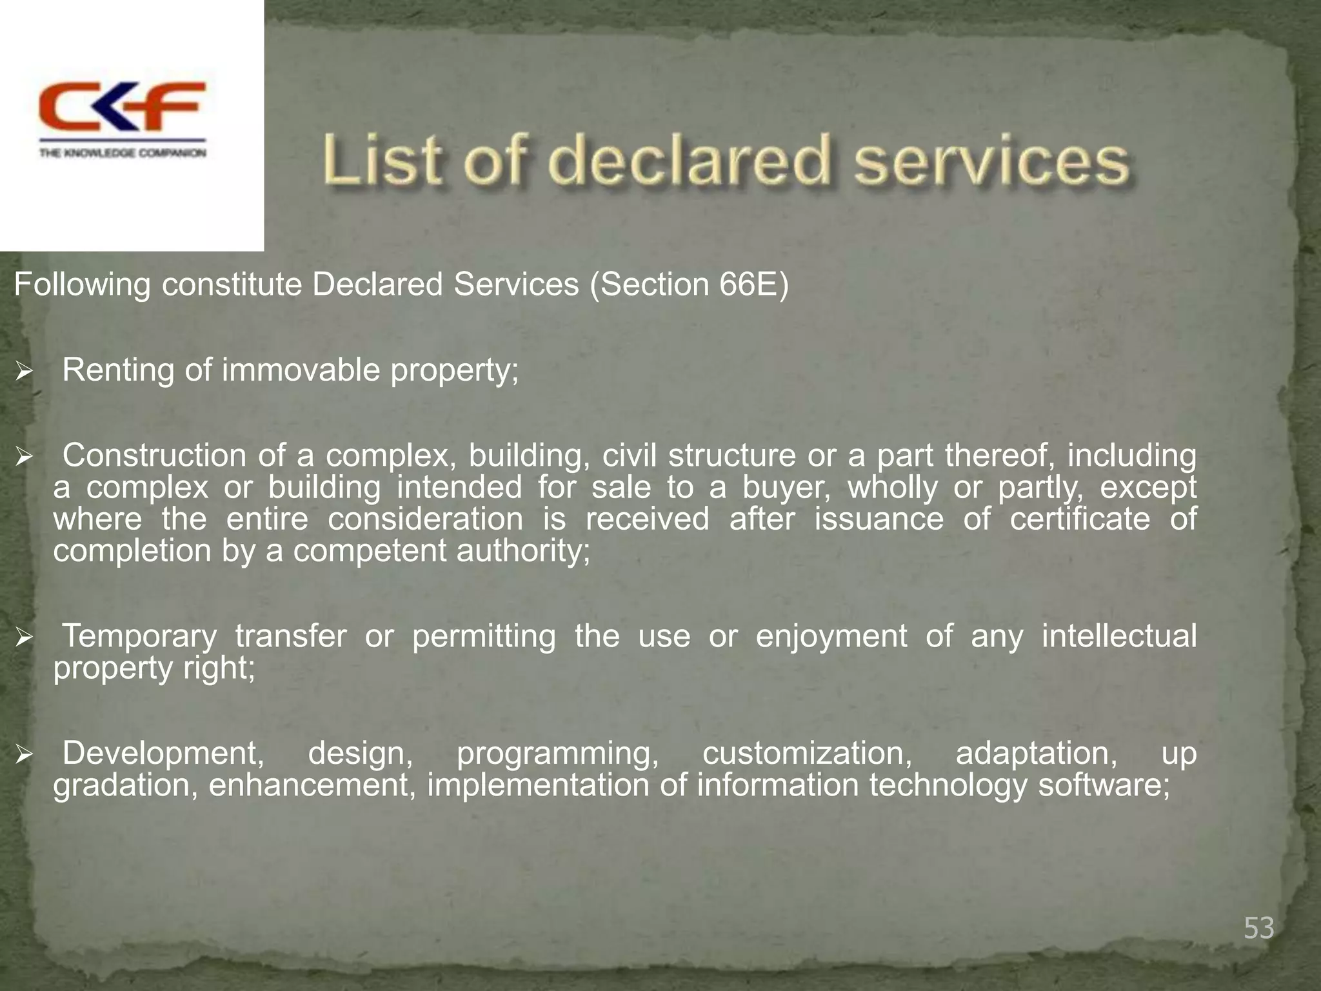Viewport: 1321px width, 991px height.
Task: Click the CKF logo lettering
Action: pyautogui.click(x=123, y=106)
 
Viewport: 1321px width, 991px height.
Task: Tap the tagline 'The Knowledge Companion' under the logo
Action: pyautogui.click(x=123, y=153)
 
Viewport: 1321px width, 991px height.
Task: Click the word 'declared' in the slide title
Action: pyautogui.click(x=688, y=160)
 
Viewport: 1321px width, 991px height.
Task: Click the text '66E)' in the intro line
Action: pyautogui.click(x=753, y=285)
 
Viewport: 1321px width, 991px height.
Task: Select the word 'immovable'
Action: pyautogui.click(x=301, y=370)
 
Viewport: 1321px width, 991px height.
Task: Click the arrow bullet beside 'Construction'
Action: pyautogui.click(x=25, y=457)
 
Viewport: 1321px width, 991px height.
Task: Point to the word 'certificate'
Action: pyautogui.click(x=1080, y=519)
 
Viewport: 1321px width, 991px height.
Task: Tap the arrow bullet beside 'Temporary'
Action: pyautogui.click(x=25, y=638)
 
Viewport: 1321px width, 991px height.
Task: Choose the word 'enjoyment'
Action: pyautogui.click(x=831, y=637)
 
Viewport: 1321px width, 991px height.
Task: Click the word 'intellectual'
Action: pyautogui.click(x=1119, y=636)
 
